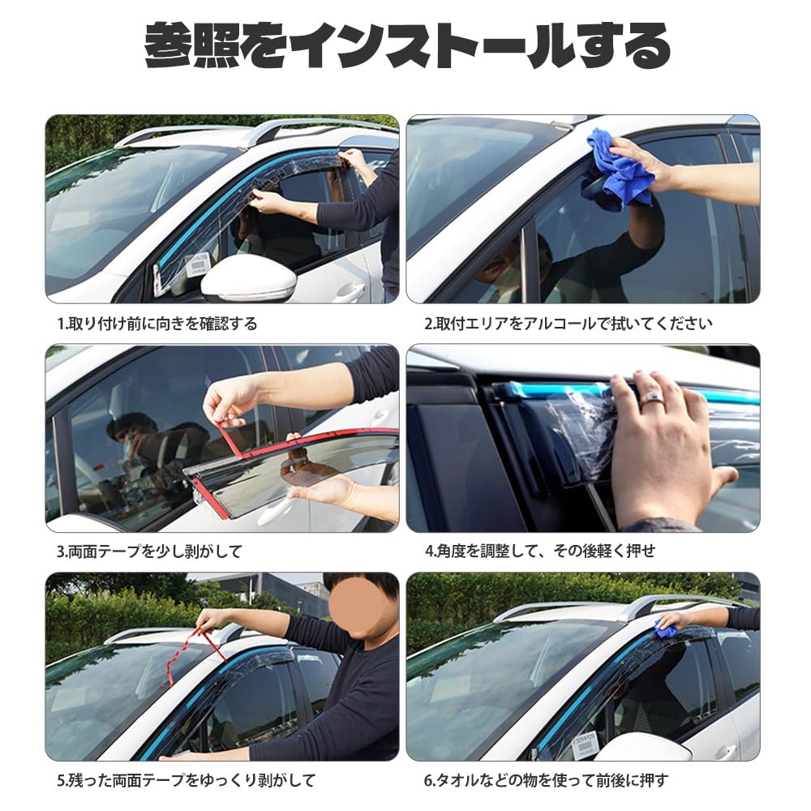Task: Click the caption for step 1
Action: (x=157, y=324)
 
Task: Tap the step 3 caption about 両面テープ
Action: (x=149, y=551)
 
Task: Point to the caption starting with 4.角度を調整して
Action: (x=539, y=551)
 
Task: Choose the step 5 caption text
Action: (x=186, y=781)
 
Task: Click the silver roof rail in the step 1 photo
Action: (x=268, y=129)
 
